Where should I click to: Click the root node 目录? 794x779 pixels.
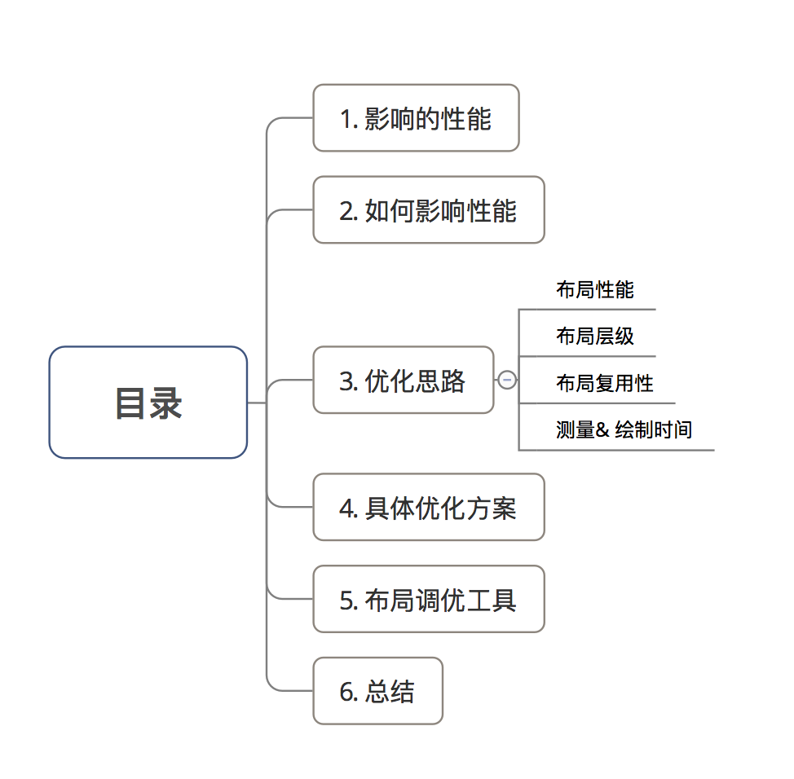point(148,403)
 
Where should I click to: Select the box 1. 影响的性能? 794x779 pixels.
point(416,118)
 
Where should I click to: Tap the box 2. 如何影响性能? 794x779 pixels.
point(428,210)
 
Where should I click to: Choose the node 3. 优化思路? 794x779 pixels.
point(403,381)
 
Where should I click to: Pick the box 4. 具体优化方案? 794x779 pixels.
point(428,508)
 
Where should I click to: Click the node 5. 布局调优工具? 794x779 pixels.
point(428,600)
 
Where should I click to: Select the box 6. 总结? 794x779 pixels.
point(377,691)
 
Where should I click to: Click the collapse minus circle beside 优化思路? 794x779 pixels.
point(507,380)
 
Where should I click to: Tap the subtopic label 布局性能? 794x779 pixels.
point(595,289)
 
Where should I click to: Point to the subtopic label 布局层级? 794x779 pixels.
point(595,336)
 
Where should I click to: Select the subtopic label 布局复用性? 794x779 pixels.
point(605,382)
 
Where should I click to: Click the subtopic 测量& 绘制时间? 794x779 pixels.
point(624,429)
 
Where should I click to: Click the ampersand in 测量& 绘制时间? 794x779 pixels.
point(602,429)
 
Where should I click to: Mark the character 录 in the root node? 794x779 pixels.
point(166,403)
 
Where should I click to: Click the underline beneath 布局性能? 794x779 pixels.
point(587,310)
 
